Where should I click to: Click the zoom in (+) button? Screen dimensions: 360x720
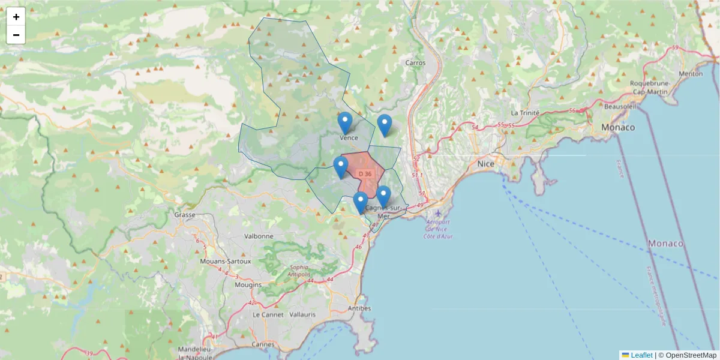click(16, 17)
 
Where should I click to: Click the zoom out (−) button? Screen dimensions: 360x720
click(16, 35)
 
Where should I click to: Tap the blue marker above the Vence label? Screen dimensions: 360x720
click(345, 123)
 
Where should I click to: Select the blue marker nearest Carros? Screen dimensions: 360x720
click(385, 125)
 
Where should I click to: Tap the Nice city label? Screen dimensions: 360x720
click(485, 163)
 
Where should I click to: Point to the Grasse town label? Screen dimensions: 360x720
click(181, 214)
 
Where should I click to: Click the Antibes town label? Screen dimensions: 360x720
click(359, 308)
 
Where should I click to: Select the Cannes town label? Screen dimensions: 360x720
click(262, 344)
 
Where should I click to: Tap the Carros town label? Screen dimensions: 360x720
click(415, 62)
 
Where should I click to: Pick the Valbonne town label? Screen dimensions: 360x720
click(259, 236)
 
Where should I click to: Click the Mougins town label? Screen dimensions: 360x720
click(248, 284)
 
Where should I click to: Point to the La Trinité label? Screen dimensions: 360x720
click(525, 113)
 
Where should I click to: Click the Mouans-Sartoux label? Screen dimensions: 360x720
click(226, 262)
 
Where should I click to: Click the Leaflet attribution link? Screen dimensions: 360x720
click(641, 355)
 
